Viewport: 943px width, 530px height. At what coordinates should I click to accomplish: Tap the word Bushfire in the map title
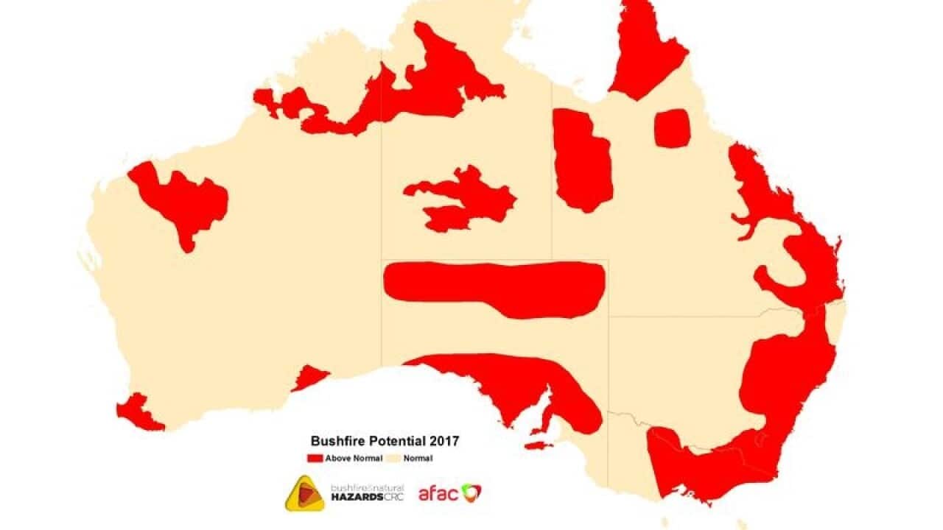click(x=333, y=442)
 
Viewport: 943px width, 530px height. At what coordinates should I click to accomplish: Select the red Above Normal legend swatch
click(x=315, y=459)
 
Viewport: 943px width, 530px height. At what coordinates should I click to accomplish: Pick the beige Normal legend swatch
click(x=394, y=459)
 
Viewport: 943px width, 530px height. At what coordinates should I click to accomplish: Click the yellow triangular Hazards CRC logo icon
click(x=304, y=494)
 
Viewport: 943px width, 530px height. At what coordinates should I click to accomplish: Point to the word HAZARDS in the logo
click(x=357, y=498)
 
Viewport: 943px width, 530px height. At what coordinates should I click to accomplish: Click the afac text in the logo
click(x=438, y=493)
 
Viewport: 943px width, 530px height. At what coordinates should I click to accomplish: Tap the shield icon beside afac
click(x=471, y=492)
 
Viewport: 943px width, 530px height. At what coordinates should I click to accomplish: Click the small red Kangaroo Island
click(x=538, y=445)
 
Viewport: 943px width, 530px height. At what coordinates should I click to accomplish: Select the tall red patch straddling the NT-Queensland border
click(x=582, y=158)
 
